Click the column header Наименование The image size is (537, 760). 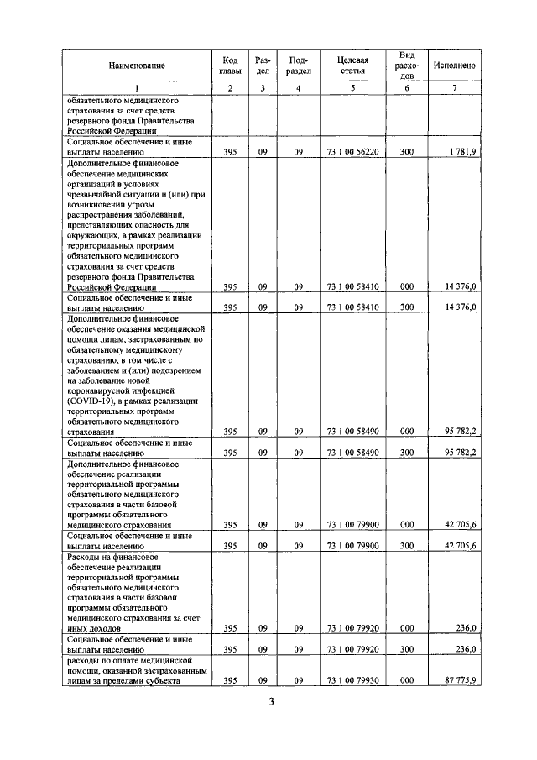click(136, 66)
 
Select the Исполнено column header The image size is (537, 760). click(455, 66)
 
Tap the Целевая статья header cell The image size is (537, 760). click(352, 66)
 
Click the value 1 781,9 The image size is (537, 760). click(461, 152)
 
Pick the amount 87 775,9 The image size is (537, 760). click(461, 680)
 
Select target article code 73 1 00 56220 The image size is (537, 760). click(352, 152)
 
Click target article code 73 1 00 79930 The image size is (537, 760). click(352, 680)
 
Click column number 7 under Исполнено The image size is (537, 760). click(455, 89)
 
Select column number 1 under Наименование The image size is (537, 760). click(136, 89)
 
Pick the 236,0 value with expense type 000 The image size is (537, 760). click(466, 627)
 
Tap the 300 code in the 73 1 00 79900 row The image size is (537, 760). click(407, 546)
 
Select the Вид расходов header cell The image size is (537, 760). click(407, 66)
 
